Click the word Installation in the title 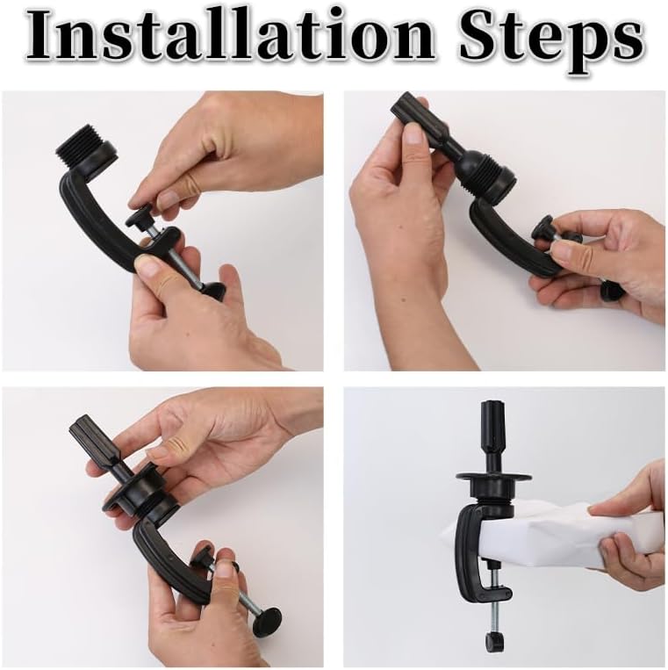click(229, 38)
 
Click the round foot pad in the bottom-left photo click(267, 620)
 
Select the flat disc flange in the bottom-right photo click(493, 477)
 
